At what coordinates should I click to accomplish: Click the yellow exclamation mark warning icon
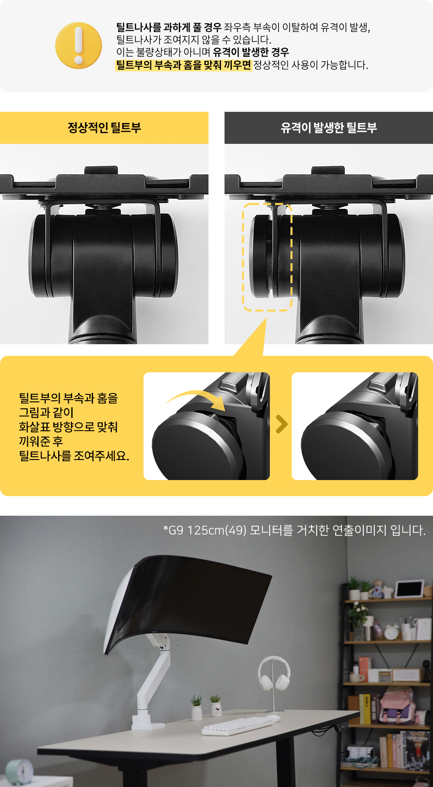click(x=79, y=45)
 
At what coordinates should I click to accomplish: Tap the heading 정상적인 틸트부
click(x=104, y=128)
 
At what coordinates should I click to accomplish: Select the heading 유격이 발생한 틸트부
click(x=329, y=128)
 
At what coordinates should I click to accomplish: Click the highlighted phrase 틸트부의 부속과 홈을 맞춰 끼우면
click(x=183, y=65)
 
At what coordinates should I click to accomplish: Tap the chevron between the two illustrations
click(x=282, y=424)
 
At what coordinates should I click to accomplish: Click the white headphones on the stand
click(x=274, y=673)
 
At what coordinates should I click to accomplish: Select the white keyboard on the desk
click(x=241, y=724)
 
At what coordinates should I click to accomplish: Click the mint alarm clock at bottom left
click(x=20, y=772)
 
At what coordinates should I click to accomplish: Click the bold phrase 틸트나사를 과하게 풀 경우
click(x=169, y=27)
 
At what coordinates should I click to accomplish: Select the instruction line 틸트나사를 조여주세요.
click(x=74, y=456)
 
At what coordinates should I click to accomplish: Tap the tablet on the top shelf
click(x=409, y=589)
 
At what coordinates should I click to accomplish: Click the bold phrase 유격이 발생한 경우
click(x=251, y=52)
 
